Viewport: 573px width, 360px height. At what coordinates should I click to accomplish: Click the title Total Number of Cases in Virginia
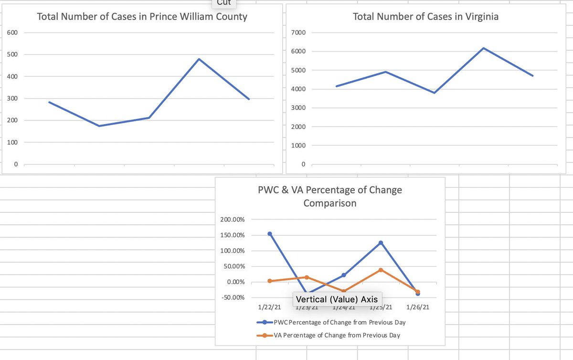coord(425,17)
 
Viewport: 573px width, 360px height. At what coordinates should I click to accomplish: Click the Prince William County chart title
coord(142,17)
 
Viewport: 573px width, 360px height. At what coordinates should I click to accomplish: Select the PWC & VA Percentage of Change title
coord(329,196)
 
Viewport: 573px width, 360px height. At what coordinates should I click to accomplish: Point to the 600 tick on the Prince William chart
coord(12,32)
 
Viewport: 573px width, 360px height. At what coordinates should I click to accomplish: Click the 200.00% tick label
coord(233,220)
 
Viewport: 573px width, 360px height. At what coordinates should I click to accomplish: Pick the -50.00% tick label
coord(233,297)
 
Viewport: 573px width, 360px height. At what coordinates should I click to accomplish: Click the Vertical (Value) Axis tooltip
coord(337,299)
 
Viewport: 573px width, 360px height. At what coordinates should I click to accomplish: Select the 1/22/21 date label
coord(270,307)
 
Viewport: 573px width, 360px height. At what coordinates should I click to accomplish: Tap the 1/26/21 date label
coord(418,307)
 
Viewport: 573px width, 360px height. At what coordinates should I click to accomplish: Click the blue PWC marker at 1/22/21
coord(270,234)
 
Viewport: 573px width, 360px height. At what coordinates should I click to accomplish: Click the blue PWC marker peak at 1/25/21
coord(381,243)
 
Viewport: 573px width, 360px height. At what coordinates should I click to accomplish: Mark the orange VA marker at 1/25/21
coord(381,270)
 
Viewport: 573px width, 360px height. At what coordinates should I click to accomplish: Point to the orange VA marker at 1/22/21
coord(270,281)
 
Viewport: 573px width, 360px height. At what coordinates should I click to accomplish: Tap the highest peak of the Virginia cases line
coord(484,48)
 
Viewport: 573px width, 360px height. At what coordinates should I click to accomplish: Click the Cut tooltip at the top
coord(224,3)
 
